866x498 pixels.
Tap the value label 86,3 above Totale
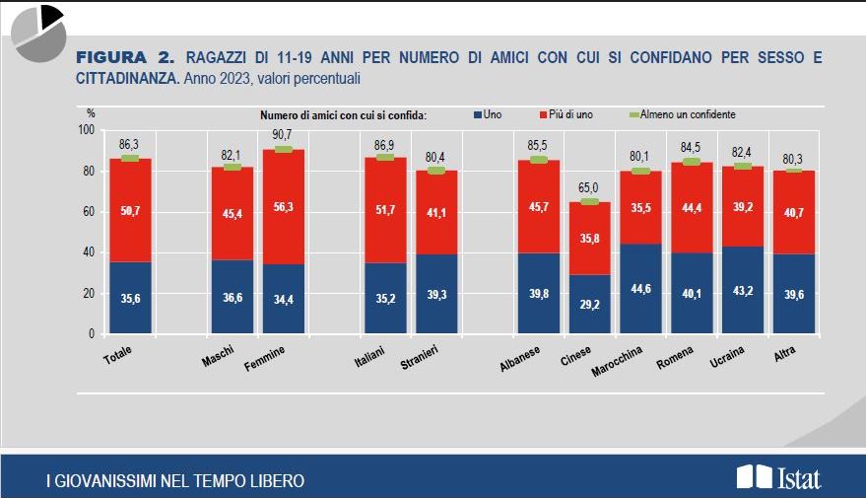[130, 144]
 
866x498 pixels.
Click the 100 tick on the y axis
[84, 130]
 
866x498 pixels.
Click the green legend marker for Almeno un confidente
[633, 114]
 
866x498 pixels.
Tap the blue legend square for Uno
[477, 114]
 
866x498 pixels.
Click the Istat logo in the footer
[778, 478]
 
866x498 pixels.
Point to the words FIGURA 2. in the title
[125, 57]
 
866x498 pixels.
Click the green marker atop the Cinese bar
[588, 201]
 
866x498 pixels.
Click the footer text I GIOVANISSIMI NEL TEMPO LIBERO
[175, 481]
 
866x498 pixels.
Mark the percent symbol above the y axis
[92, 114]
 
